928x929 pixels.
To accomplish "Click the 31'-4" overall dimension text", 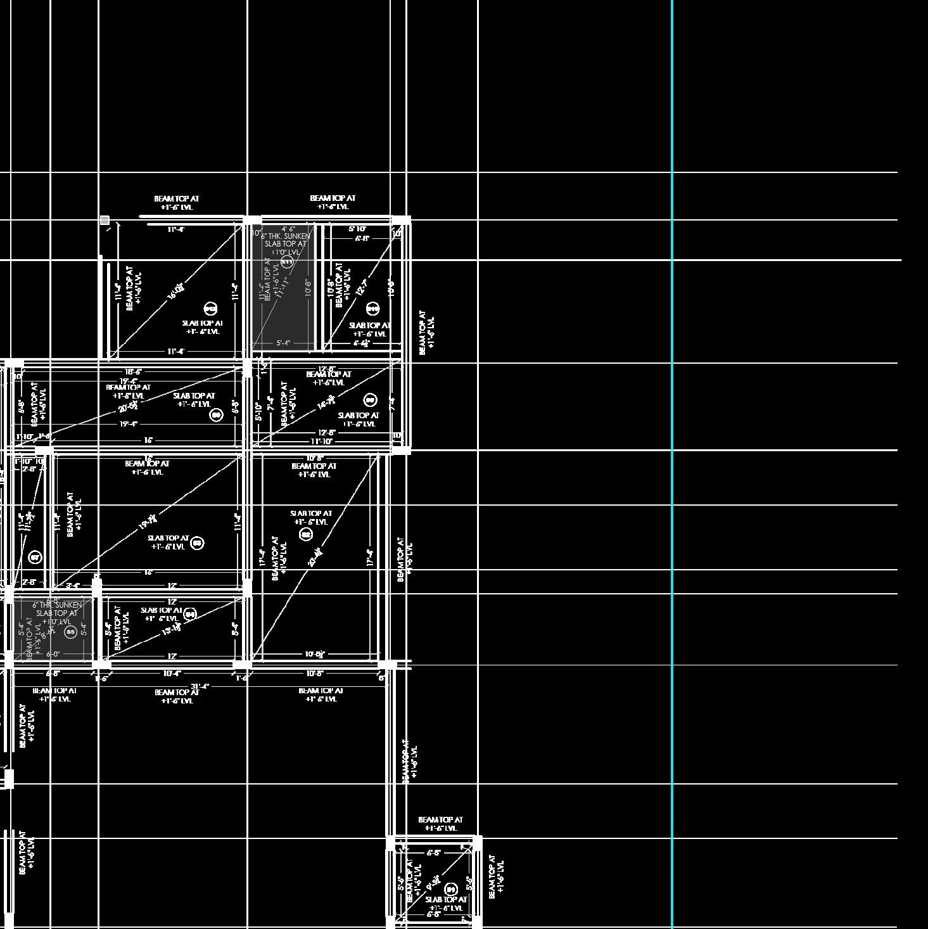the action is pyautogui.click(x=200, y=686).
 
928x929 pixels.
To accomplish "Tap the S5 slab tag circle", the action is pyautogui.click(x=70, y=631).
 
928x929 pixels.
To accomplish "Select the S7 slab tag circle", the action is pyautogui.click(x=35, y=558).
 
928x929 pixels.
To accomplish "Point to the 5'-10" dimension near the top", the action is pyautogui.click(x=357, y=229).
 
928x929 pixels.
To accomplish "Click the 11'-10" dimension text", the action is pyautogui.click(x=321, y=442).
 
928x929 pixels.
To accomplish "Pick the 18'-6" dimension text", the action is pyautogui.click(x=133, y=372).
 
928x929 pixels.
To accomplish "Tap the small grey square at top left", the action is pyautogui.click(x=105, y=220).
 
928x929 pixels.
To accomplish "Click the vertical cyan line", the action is pyautogui.click(x=672, y=444).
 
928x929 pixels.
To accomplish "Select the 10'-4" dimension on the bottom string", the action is pyautogui.click(x=172, y=674).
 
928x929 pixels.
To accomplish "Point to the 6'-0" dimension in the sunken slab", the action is pyautogui.click(x=53, y=654).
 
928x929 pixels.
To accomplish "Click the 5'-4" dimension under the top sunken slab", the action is pyautogui.click(x=283, y=343).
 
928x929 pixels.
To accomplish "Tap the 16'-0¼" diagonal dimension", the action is pyautogui.click(x=176, y=292).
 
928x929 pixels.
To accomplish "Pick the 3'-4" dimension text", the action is pyautogui.click(x=72, y=586).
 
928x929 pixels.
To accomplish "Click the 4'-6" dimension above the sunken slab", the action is pyautogui.click(x=288, y=229).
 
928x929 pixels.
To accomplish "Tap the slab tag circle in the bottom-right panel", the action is pyautogui.click(x=451, y=889).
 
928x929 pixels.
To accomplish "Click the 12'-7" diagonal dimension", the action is pyautogui.click(x=362, y=287).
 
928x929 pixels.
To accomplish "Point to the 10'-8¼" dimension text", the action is pyautogui.click(x=315, y=654).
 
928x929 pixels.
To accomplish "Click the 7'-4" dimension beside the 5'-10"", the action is pyautogui.click(x=270, y=404).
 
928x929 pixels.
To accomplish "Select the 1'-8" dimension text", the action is pyautogui.click(x=44, y=437).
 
